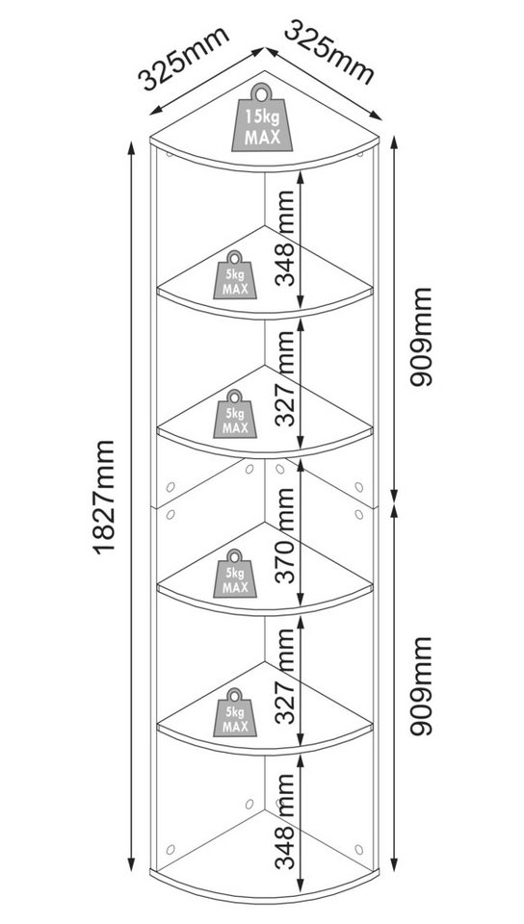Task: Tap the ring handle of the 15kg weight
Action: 262,92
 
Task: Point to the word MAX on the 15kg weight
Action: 262,139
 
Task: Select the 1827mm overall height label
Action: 104,497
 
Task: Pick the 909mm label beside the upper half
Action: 421,337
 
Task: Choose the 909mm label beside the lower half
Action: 421,686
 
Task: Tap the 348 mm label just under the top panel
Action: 286,238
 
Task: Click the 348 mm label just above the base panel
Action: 286,822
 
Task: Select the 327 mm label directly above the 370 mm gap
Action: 286,378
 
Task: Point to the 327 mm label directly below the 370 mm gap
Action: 286,676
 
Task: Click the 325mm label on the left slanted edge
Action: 183,59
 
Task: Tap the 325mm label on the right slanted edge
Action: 328,52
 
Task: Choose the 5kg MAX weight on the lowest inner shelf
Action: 235,712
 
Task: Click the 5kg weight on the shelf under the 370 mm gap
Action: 235,574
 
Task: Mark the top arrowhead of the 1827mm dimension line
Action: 131,147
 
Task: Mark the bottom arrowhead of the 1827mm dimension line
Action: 131,865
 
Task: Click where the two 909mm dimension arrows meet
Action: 394,504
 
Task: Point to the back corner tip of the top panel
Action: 265,72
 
